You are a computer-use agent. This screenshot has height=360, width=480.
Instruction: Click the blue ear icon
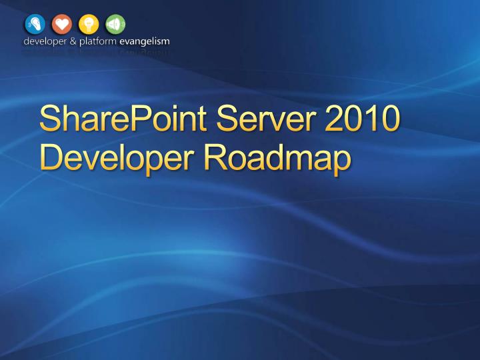point(33,23)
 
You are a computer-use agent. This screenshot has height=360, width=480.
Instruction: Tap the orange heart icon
point(61,23)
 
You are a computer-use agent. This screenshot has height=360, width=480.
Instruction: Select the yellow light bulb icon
point(88,23)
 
